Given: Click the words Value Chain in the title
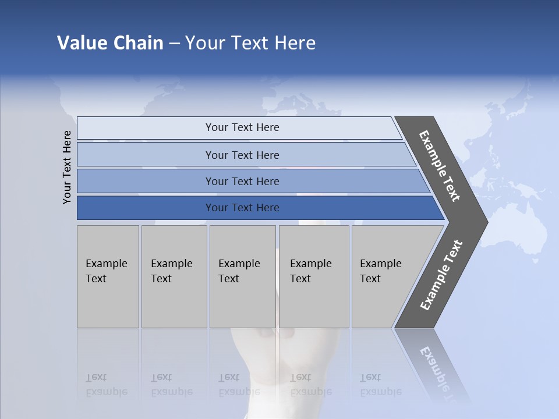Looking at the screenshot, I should [x=110, y=43].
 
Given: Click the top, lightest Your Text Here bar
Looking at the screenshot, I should [x=242, y=127].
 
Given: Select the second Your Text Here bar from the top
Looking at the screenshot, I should [x=242, y=155].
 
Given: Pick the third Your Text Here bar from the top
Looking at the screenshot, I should [x=242, y=181].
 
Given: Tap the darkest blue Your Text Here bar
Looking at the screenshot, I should [x=242, y=208].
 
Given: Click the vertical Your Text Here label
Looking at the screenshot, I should [x=68, y=167].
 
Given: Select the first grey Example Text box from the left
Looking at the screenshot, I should [x=108, y=276].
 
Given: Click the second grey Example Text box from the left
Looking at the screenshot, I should [x=174, y=276].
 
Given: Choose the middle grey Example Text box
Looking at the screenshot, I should [x=242, y=276].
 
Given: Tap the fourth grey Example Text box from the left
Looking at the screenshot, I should [x=313, y=276].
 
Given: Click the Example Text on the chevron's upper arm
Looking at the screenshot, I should [x=440, y=166].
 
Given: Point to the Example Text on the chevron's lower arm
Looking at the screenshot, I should [x=441, y=275].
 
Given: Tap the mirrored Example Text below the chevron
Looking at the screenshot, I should [x=440, y=372].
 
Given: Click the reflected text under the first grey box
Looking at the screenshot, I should [x=106, y=385].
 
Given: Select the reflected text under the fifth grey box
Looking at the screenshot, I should [x=380, y=385].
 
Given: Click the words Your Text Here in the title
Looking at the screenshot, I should [x=250, y=43].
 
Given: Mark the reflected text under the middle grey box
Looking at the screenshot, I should [x=239, y=385].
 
